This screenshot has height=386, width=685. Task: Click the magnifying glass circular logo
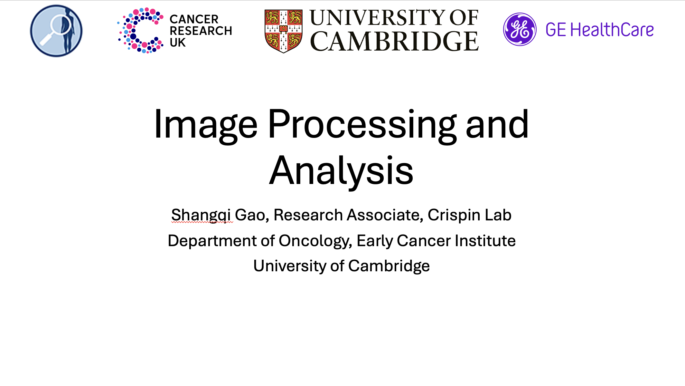56,31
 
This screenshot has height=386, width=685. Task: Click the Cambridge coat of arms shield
283,31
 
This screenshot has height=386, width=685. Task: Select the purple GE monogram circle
520,29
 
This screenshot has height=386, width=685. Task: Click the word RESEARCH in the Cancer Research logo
201,31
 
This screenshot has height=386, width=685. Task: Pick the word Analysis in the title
341,171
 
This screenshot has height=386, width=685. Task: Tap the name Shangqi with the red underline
201,215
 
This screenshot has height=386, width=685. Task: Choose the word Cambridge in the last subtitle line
389,266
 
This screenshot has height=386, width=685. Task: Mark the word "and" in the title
497,124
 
